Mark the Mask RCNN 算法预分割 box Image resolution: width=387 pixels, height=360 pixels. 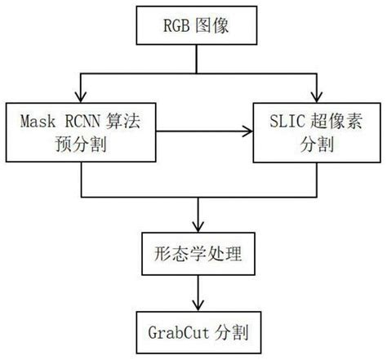pyautogui.click(x=81, y=132)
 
